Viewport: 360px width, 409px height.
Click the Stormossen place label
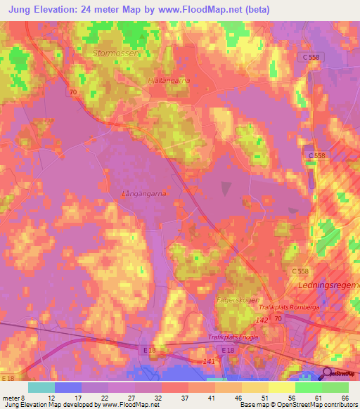(x=117, y=53)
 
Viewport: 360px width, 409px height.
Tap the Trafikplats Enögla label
(x=233, y=337)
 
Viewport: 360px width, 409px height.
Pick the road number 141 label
(x=209, y=361)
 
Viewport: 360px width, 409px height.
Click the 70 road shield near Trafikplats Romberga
(x=279, y=319)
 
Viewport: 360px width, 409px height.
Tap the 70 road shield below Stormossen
(x=73, y=92)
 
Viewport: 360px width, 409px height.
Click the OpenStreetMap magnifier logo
(x=328, y=374)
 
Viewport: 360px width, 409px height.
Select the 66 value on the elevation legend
(x=345, y=397)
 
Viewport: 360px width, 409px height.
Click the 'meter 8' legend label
(x=14, y=397)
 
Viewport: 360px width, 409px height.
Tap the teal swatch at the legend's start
(x=41, y=387)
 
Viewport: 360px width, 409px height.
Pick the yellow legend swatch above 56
(x=282, y=387)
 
